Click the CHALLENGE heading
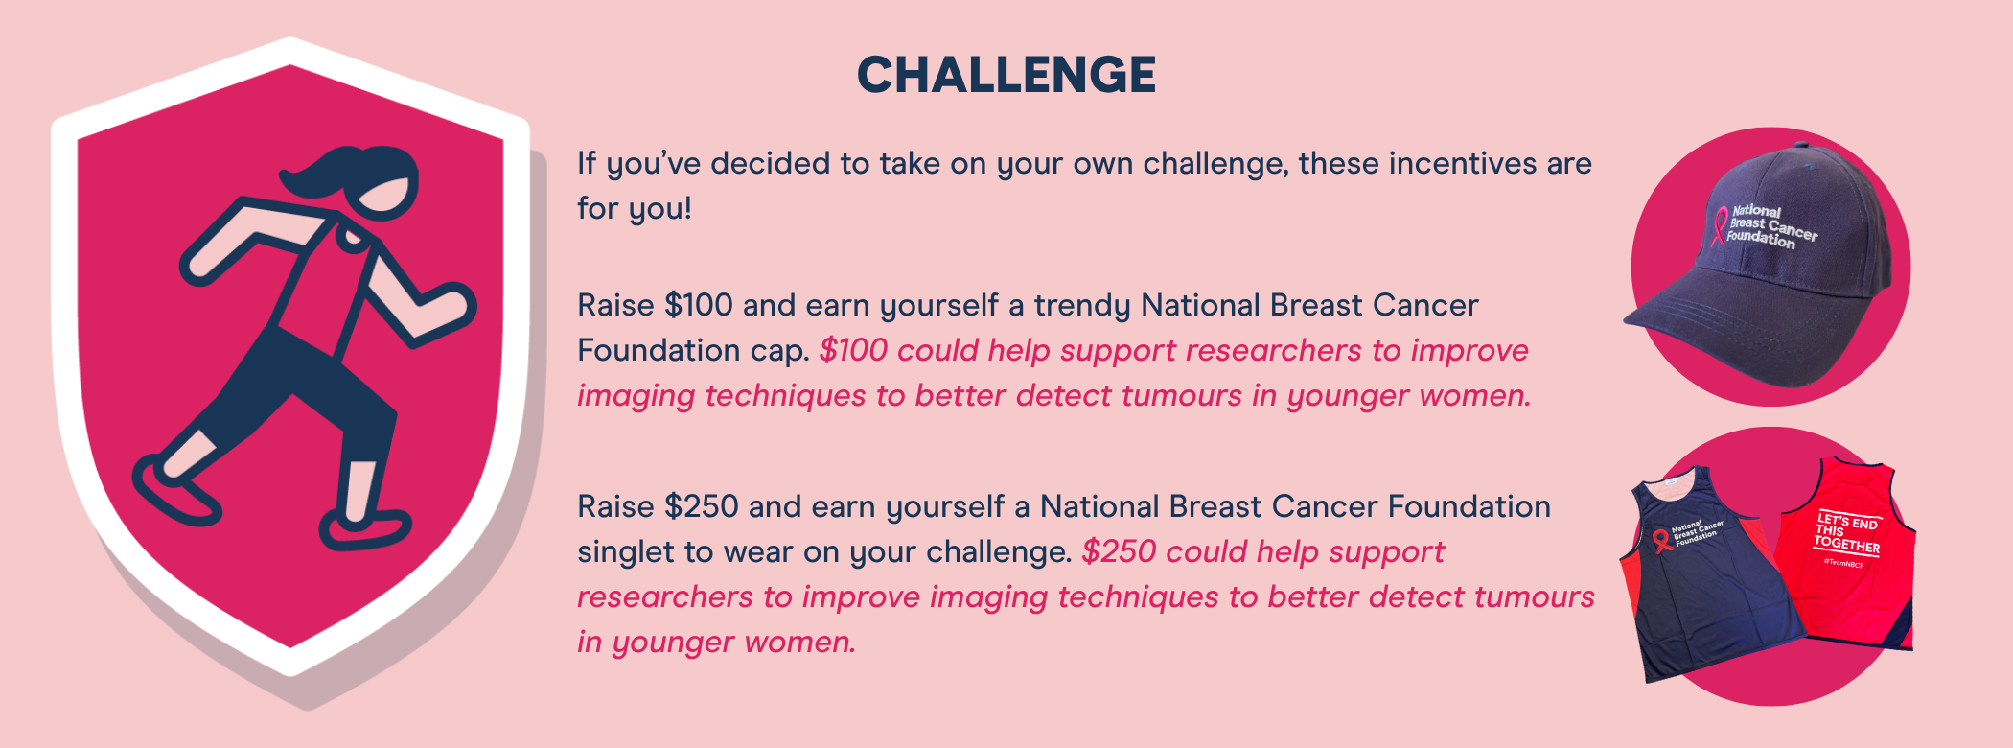(1006, 75)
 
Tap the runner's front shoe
(364, 528)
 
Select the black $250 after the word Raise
(702, 506)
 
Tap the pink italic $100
(854, 350)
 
